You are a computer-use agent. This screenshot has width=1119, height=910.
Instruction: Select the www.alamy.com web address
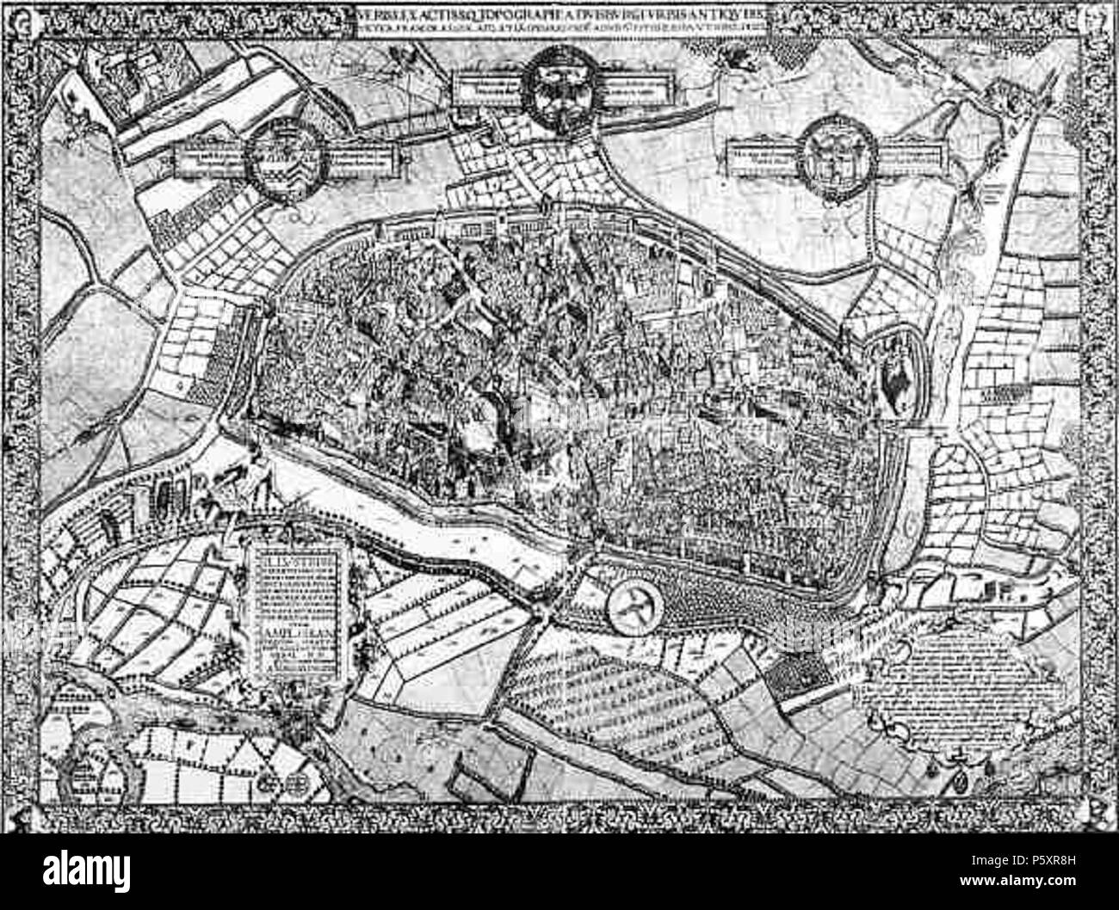(1016, 886)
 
